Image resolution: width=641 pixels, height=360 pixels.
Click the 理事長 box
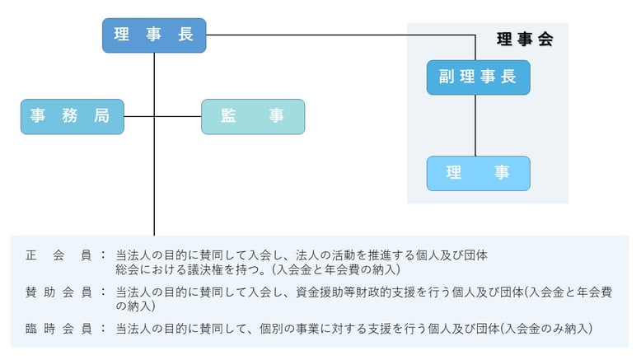(x=154, y=35)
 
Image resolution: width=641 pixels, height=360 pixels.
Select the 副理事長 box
(x=478, y=77)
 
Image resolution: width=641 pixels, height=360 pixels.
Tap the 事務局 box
(x=72, y=116)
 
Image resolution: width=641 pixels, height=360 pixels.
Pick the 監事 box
(x=253, y=116)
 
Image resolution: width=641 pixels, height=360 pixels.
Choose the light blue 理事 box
(x=478, y=173)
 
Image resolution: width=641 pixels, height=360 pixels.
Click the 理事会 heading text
(x=525, y=39)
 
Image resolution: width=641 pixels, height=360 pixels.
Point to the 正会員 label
(x=58, y=255)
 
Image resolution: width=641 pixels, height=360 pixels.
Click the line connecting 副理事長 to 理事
(x=476, y=125)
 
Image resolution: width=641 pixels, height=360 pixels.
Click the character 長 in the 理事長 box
(x=185, y=35)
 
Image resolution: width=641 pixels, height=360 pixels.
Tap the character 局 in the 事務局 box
(x=101, y=116)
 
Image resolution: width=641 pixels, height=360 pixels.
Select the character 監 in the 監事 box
(x=229, y=116)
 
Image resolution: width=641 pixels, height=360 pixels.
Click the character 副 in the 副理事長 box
(x=447, y=77)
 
